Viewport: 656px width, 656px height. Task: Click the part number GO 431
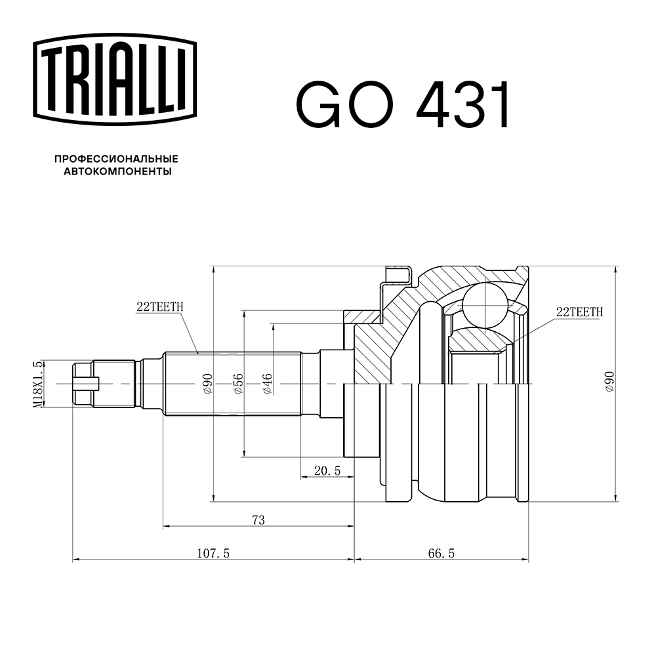coord(403,104)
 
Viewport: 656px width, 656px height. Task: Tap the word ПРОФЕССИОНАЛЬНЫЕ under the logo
coord(116,159)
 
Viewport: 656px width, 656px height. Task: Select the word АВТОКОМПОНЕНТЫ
coord(117,171)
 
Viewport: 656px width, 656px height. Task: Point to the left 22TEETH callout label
coord(160,306)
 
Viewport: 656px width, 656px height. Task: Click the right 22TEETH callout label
coord(579,312)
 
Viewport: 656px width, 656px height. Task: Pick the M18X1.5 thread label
coord(37,384)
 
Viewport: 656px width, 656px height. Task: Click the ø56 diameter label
coord(238,384)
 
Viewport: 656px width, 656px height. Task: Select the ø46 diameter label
coord(268,384)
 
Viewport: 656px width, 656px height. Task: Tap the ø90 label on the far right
coord(609,382)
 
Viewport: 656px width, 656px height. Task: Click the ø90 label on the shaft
coord(208,384)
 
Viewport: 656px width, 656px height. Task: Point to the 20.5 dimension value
coord(327,470)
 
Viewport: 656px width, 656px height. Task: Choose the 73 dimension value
coord(258,520)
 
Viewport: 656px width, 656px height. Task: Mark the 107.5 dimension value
coord(213,554)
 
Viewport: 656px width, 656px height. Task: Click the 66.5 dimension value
coord(441,554)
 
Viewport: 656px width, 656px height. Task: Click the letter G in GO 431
coord(319,104)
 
